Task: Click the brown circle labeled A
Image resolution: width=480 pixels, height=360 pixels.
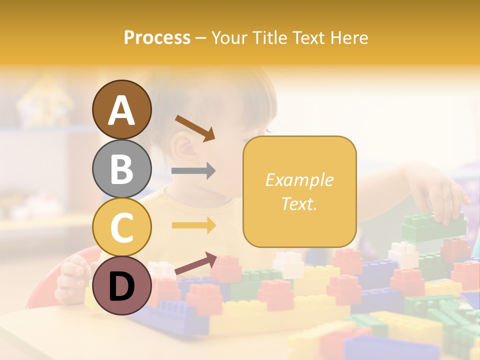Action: click(122, 110)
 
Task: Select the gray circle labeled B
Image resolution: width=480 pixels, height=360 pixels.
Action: click(122, 169)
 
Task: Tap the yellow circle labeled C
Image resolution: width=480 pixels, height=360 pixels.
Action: click(122, 227)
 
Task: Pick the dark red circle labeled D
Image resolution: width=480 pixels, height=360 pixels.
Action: click(122, 286)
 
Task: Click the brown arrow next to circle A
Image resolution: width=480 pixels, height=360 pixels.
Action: click(195, 128)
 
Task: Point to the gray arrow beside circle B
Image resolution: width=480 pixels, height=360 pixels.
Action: click(193, 171)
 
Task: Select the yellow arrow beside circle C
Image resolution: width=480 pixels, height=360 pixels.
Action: click(193, 225)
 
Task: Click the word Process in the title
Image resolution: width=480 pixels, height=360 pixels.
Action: click(157, 38)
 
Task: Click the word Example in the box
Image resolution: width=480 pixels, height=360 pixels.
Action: click(299, 180)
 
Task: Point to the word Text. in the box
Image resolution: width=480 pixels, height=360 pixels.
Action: click(299, 203)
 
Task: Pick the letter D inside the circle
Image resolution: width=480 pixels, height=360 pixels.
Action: click(122, 287)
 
